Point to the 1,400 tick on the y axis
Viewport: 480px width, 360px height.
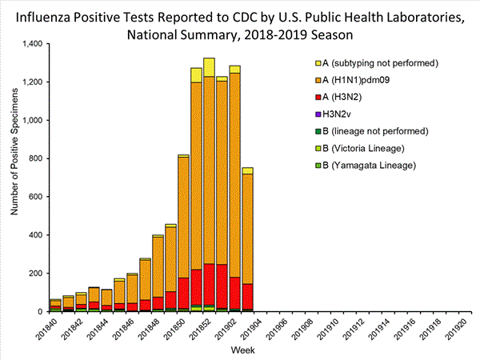pos(33,43)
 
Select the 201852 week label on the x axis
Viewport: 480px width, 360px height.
pos(200,330)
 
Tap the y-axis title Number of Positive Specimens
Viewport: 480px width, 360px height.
pos(14,178)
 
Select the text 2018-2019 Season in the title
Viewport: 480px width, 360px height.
pos(318,34)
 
